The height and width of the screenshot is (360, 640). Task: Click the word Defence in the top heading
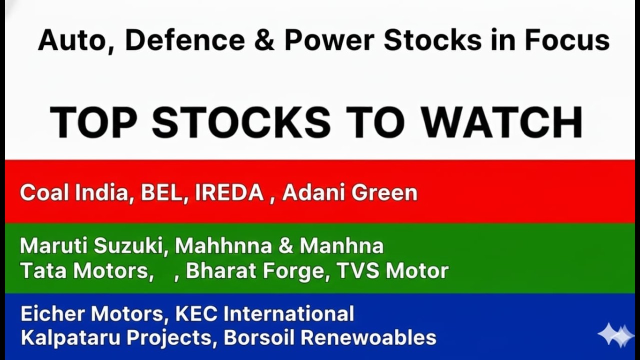(x=184, y=40)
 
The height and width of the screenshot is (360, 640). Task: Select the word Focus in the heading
(x=567, y=40)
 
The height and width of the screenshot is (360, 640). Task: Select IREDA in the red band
(x=229, y=193)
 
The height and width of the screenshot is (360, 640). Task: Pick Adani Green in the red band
(x=349, y=193)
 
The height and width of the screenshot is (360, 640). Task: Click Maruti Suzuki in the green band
(x=91, y=246)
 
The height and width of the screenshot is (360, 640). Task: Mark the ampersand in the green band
(x=286, y=246)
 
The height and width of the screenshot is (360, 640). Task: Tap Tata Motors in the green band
(x=86, y=271)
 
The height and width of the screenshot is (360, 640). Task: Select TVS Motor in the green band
(x=392, y=271)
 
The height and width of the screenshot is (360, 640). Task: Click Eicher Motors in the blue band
(x=91, y=314)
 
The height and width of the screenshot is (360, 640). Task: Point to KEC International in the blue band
(x=264, y=314)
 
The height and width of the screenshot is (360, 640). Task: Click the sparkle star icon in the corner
(x=615, y=335)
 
